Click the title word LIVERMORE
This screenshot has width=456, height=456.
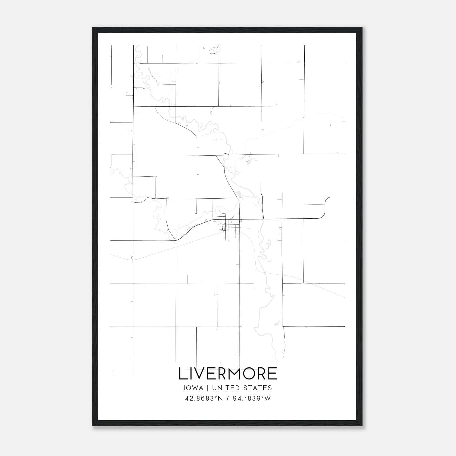[x=228, y=374]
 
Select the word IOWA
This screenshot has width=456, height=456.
[x=194, y=388]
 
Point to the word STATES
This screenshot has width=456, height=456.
[x=258, y=388]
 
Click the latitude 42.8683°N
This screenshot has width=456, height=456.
[x=203, y=398]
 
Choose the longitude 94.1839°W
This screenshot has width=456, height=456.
[x=252, y=398]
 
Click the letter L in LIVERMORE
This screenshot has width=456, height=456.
[x=182, y=374]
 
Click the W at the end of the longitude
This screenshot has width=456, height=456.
[x=268, y=398]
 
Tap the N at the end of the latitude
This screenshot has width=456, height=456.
[x=220, y=398]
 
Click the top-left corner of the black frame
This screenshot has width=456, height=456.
[x=93, y=28]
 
